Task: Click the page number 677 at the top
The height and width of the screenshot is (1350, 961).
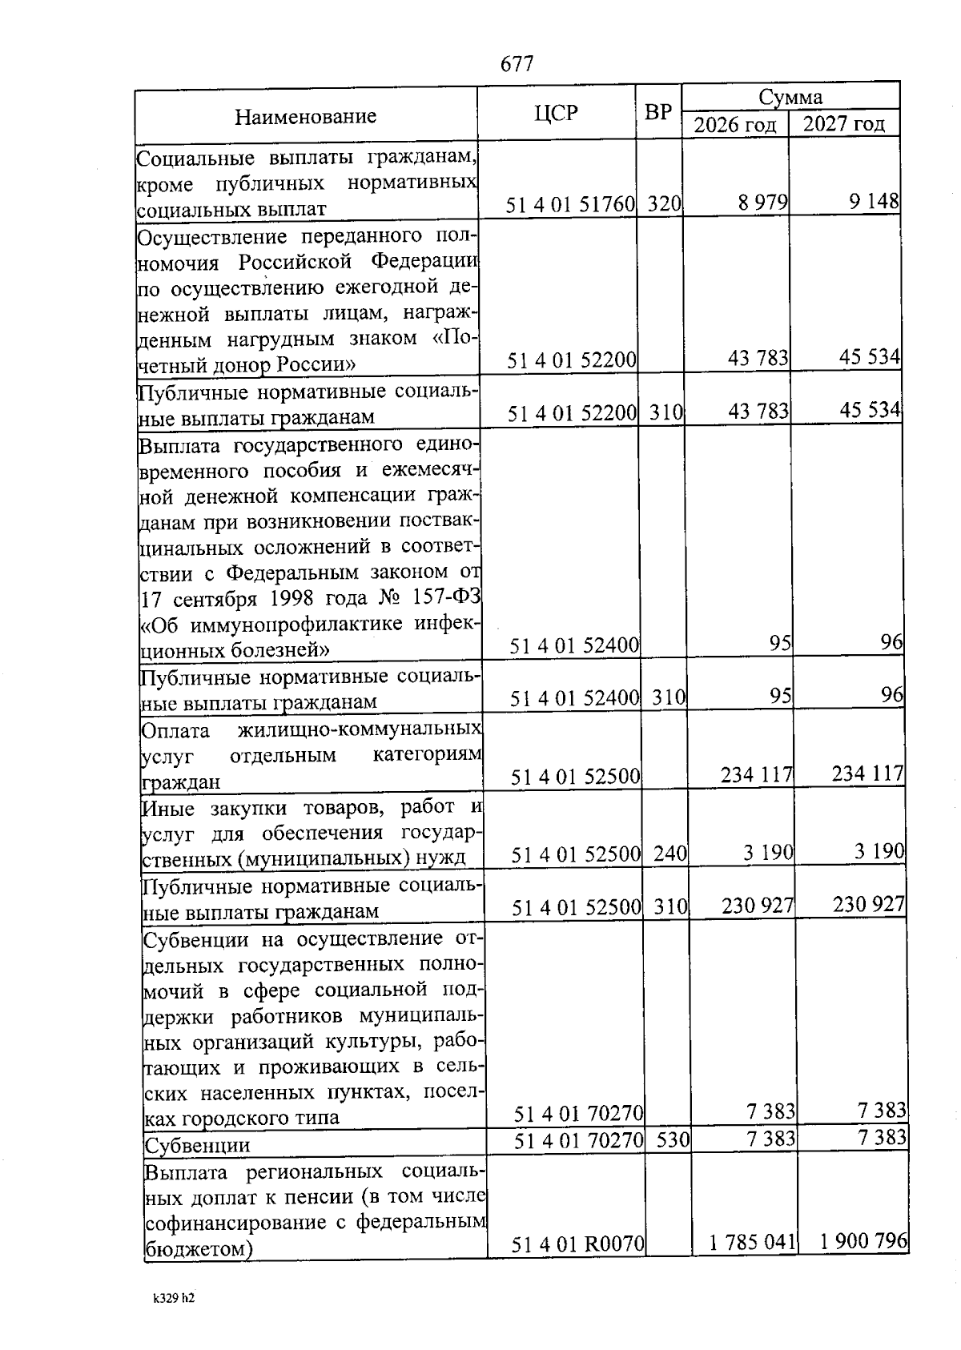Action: (x=517, y=64)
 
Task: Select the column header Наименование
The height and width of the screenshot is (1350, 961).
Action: (x=305, y=117)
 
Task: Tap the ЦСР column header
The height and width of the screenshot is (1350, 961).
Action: (x=555, y=113)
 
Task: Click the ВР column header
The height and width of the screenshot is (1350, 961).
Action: (x=658, y=112)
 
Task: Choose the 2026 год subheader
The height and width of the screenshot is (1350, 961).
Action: (x=734, y=125)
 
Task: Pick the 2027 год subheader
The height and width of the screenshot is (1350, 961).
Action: (x=844, y=124)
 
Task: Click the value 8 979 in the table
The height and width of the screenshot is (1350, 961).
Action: (x=763, y=203)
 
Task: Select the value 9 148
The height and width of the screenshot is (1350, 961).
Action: (x=875, y=202)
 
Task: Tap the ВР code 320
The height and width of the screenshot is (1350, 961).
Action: (x=664, y=204)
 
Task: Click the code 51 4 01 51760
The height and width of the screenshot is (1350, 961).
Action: (x=570, y=205)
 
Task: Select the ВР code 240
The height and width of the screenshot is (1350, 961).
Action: (x=670, y=854)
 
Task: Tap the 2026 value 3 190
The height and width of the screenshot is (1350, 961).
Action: (x=768, y=853)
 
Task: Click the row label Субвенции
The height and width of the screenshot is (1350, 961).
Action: (x=197, y=1145)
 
